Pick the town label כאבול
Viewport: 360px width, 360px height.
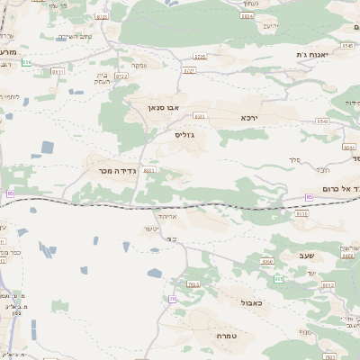253,303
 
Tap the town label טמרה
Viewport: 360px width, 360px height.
226,336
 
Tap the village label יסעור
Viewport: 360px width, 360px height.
149,229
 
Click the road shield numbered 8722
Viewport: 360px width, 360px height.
121,76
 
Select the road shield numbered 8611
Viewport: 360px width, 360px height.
58,70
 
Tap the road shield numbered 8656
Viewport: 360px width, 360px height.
267,261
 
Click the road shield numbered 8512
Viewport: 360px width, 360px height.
328,285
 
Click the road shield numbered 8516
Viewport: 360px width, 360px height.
301,214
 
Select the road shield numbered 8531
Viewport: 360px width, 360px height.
199,116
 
